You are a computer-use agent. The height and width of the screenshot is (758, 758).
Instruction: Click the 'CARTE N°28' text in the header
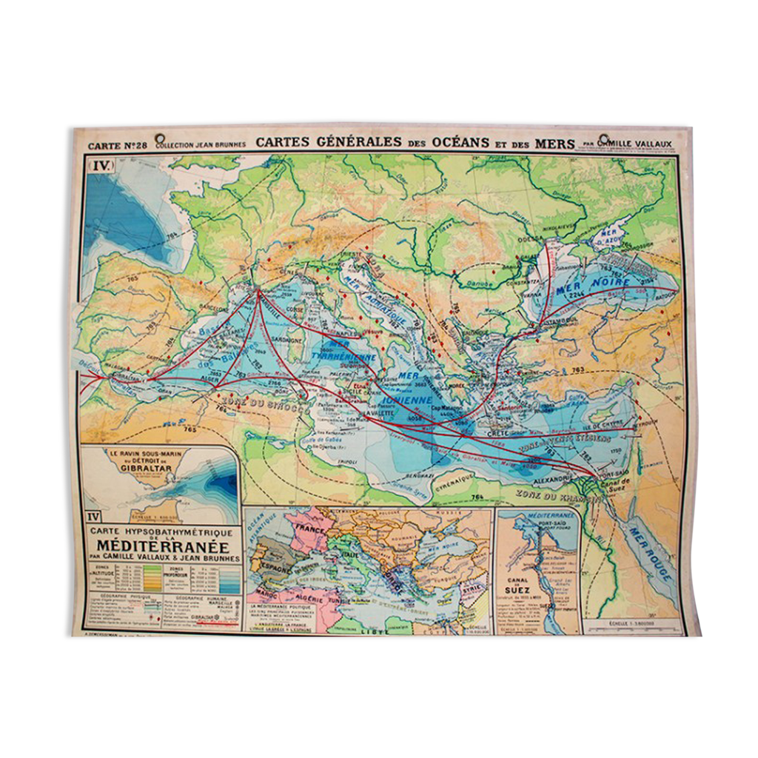tap(117, 145)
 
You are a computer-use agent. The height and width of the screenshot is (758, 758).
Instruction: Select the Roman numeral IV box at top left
tap(100, 167)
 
